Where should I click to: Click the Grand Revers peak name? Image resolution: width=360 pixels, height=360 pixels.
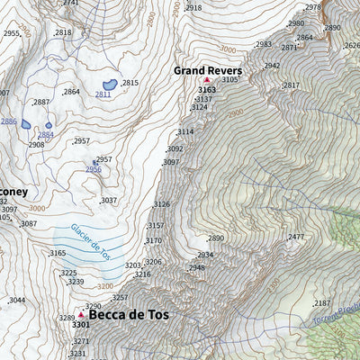tap(207, 69)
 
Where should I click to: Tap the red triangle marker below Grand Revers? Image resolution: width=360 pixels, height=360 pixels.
tap(206, 81)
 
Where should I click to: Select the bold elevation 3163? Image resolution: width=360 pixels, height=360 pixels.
tap(207, 90)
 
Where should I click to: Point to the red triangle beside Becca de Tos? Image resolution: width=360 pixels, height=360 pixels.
tap(81, 315)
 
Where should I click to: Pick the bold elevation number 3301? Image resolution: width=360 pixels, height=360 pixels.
tap(80, 325)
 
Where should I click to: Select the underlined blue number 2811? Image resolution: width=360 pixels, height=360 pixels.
tap(103, 94)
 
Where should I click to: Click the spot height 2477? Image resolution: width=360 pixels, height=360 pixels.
tap(296, 237)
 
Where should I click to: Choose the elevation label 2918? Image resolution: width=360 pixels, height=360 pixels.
tap(193, 7)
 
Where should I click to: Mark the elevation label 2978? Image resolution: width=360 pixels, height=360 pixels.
tap(312, 7)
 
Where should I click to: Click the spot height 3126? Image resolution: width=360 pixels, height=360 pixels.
tap(162, 204)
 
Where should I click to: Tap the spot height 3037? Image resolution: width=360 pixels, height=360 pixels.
tap(109, 201)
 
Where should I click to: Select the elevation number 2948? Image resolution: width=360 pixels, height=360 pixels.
tap(196, 267)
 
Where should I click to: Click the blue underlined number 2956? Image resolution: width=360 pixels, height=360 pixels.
tap(94, 169)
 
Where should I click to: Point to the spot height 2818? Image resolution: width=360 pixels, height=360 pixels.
tap(63, 32)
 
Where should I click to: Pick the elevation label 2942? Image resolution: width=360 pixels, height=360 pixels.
tap(272, 66)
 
